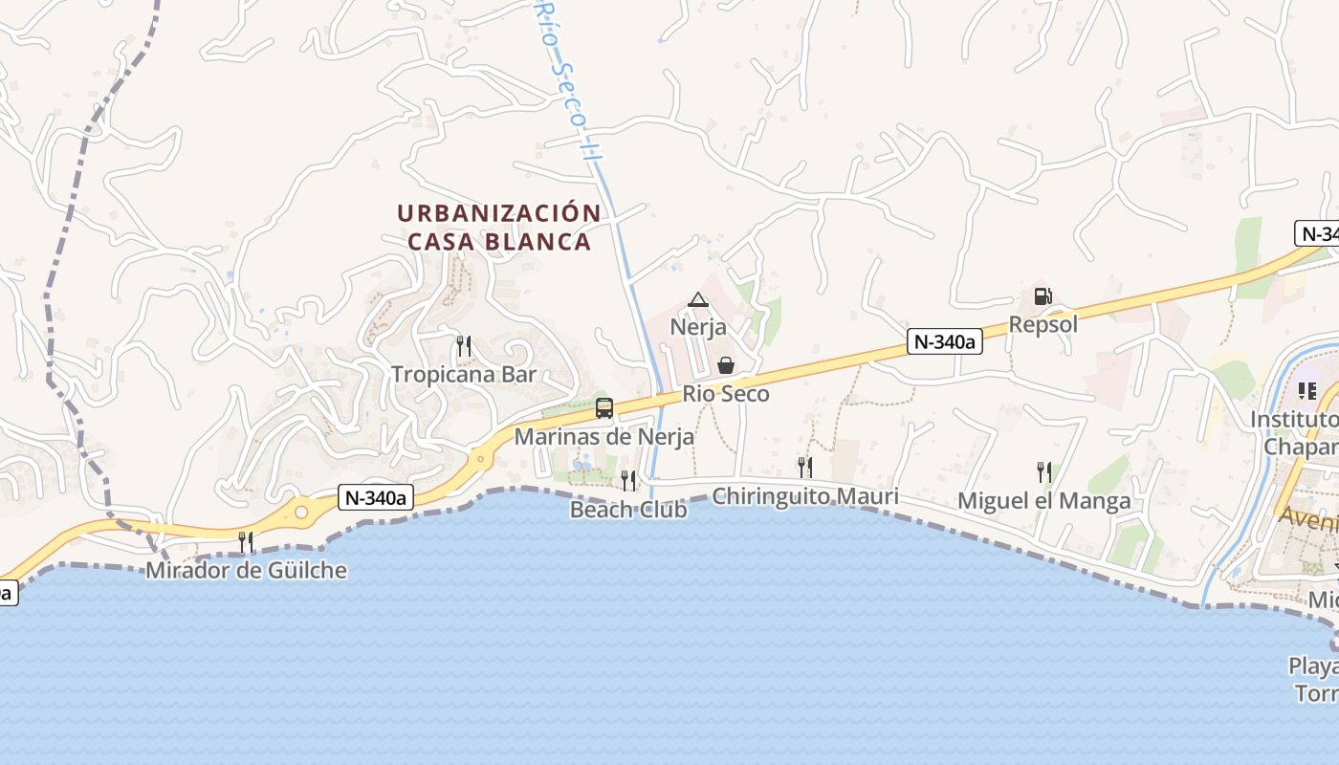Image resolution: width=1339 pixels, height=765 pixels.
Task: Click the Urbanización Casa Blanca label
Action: (499, 227)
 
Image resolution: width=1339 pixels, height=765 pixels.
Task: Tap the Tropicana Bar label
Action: (464, 374)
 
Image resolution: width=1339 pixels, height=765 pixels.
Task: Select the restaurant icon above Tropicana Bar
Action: (464, 345)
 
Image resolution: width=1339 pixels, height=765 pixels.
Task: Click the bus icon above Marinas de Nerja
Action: (604, 408)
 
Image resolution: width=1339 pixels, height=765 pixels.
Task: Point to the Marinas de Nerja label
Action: (604, 437)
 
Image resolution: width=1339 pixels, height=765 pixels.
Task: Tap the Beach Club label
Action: (628, 510)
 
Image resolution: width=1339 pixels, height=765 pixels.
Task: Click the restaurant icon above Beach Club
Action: (628, 480)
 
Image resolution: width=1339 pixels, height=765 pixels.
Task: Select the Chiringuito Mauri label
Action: (805, 497)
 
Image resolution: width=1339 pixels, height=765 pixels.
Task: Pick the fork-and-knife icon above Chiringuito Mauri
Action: (805, 467)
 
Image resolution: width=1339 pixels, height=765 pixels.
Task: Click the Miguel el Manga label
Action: (1044, 501)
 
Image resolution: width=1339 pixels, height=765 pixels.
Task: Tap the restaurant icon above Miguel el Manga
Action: (1044, 471)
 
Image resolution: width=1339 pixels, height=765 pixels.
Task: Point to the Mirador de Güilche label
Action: (246, 571)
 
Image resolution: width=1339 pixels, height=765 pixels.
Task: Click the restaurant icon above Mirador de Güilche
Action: (246, 542)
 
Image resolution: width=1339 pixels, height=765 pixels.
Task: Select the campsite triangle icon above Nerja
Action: (698, 300)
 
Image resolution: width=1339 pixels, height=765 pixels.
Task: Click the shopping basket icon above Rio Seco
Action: (726, 365)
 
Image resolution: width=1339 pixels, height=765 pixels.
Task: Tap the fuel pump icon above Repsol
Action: (1043, 296)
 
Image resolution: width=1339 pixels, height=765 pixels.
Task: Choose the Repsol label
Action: (1043, 325)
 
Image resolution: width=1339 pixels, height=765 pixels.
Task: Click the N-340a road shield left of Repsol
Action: (945, 342)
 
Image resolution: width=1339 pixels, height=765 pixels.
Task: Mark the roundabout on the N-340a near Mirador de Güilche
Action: (302, 513)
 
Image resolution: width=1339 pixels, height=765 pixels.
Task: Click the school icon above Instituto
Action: (1306, 390)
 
